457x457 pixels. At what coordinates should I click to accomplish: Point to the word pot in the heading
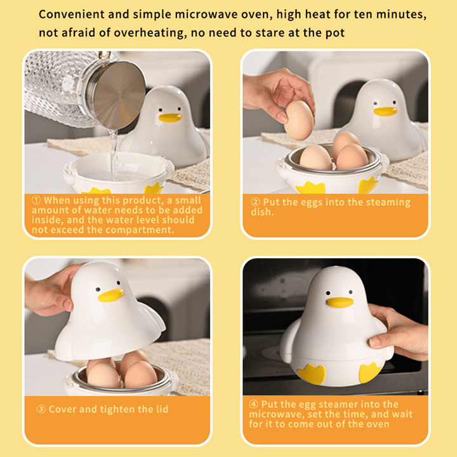click(x=334, y=32)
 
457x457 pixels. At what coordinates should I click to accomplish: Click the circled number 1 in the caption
click(x=36, y=200)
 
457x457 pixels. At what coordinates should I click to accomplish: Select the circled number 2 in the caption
click(x=255, y=202)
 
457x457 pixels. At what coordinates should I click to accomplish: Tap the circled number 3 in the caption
click(x=41, y=409)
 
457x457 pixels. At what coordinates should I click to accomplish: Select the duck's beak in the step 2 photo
click(x=385, y=112)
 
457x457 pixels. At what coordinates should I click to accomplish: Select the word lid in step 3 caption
click(x=161, y=409)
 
